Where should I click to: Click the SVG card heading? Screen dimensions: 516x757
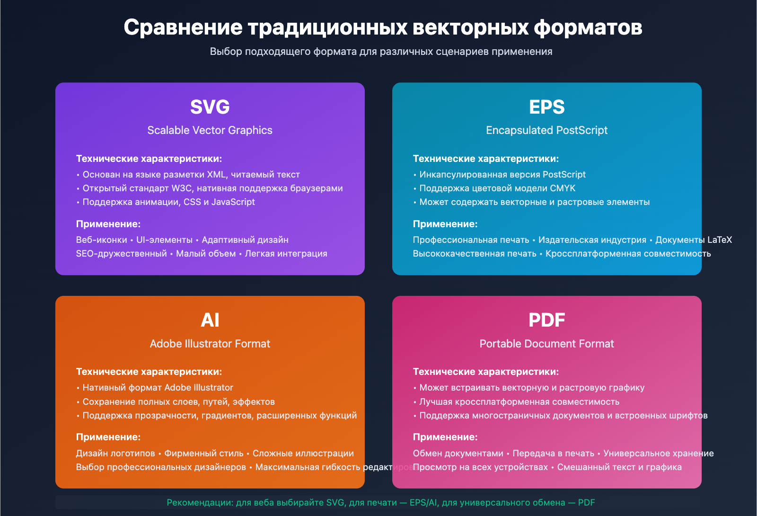[x=210, y=107]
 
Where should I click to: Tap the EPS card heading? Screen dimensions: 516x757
[x=546, y=107]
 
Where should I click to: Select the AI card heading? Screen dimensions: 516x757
[x=210, y=320]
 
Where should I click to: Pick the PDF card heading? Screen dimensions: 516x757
[x=546, y=320]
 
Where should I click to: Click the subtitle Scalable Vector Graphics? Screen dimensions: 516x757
[x=210, y=130]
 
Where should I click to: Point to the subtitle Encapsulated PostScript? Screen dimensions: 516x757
[x=546, y=130]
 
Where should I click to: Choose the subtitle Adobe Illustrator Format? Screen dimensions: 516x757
[x=210, y=344]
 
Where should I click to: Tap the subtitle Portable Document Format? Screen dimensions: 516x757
[x=546, y=344]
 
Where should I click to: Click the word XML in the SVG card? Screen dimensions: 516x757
[x=216, y=175]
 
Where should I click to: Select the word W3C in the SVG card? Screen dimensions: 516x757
[x=182, y=188]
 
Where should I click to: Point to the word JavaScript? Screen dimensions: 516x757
[x=233, y=202]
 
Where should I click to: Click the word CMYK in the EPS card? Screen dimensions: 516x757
[x=563, y=188]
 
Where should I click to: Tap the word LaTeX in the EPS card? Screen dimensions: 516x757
[x=719, y=240]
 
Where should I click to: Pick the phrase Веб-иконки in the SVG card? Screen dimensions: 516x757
[x=101, y=240]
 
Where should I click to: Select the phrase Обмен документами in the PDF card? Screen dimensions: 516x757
[x=458, y=454]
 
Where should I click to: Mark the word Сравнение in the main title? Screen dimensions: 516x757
[x=183, y=27]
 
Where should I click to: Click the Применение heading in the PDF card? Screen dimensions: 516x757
[x=445, y=437]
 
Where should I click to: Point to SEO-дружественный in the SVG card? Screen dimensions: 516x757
[x=121, y=254]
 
